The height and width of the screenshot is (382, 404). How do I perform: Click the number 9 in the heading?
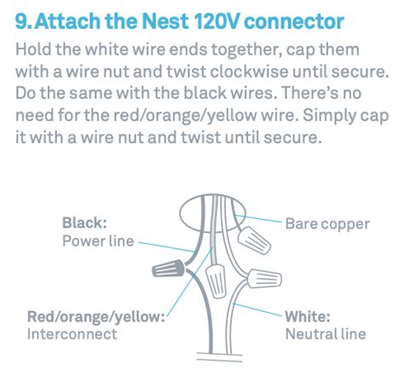click(21, 21)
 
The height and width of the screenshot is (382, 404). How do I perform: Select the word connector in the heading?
click(294, 22)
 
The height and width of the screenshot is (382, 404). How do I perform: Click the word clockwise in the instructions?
click(249, 71)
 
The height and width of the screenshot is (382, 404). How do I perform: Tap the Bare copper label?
click(327, 224)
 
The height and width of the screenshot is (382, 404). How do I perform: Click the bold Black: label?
click(84, 223)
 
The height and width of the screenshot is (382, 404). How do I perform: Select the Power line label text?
click(98, 241)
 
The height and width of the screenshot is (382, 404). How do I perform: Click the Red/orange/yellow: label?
click(96, 316)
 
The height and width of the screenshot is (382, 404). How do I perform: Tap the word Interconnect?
click(72, 334)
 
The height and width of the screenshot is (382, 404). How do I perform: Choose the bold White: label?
click(308, 316)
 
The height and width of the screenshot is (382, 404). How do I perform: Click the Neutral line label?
click(326, 334)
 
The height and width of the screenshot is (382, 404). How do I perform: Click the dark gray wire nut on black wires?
click(169, 269)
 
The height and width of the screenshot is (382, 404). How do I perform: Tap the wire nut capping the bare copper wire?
click(254, 240)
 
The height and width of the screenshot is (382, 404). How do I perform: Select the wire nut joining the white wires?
click(264, 279)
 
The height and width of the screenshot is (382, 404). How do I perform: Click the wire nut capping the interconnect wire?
click(216, 281)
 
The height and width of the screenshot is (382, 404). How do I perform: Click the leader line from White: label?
click(257, 310)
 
